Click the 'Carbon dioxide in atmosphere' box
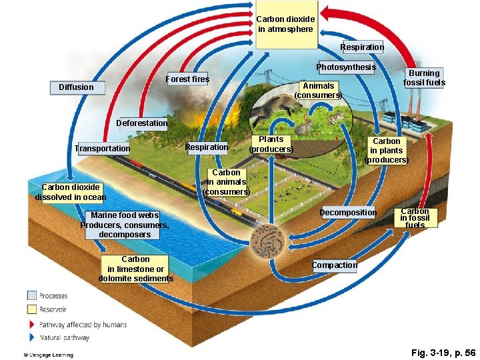tap(285, 24)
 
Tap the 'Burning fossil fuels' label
tap(424, 78)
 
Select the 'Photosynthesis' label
tap(346, 67)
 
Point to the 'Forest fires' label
tap(187, 79)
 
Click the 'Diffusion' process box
tap(77, 87)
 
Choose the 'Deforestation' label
tap(141, 123)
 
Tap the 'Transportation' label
tap(102, 149)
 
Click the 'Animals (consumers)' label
tap(318, 91)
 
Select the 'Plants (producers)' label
tap(271, 144)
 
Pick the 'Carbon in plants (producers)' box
tap(387, 151)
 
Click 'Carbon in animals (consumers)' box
tap(226, 182)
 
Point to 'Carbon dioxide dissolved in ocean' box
tap(71, 192)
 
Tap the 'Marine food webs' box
tap(125, 225)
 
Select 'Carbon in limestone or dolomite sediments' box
tap(135, 269)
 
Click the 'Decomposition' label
tap(348, 213)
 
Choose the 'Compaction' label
tap(335, 265)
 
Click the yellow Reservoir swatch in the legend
tap(32, 309)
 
